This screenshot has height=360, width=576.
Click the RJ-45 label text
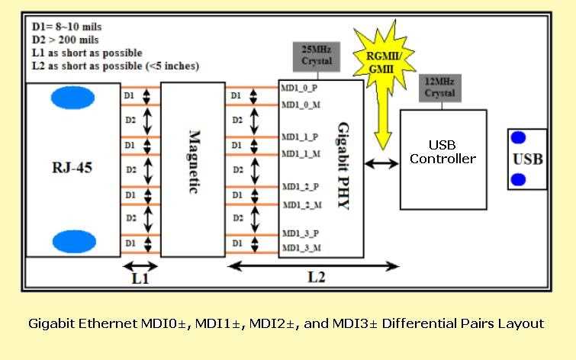click(73, 168)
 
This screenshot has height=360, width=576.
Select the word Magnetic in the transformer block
click(193, 162)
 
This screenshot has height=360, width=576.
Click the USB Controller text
click(442, 152)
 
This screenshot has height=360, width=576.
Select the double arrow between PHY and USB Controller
click(381, 163)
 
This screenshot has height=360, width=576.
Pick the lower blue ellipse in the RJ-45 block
click(73, 242)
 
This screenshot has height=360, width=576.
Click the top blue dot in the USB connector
click(518, 138)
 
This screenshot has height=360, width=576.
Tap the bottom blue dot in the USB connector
click(518, 179)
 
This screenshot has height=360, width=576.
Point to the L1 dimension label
click(140, 279)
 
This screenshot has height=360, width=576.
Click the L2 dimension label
click(316, 278)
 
